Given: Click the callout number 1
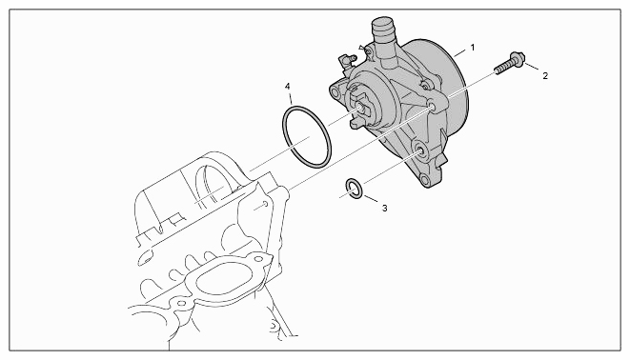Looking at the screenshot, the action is (473, 48).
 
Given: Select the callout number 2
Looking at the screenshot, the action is (545, 75).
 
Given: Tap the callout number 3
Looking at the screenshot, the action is (384, 209).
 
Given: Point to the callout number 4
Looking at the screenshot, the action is (287, 87).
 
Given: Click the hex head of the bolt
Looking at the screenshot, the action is (517, 59).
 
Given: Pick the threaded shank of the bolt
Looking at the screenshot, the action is (502, 68).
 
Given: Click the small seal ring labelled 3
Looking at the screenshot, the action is (355, 189).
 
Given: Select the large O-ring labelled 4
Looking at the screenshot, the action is (307, 136).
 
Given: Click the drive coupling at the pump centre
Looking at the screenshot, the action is (361, 108).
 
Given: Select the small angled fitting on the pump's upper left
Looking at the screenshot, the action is (346, 60).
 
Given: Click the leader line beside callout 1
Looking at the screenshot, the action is (460, 51).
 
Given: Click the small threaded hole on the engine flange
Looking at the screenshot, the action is (265, 204).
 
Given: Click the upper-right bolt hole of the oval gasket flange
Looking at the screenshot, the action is (257, 259).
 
